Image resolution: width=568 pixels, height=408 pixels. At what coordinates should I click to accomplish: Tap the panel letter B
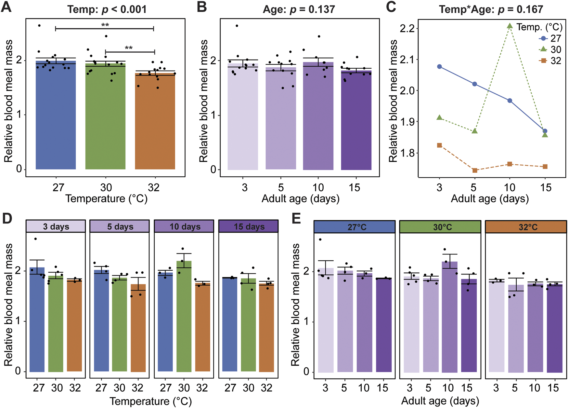point(202,7)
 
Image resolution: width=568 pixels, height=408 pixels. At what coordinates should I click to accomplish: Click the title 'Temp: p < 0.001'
point(107,9)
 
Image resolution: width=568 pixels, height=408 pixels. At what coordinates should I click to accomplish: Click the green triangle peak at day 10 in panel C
point(510,26)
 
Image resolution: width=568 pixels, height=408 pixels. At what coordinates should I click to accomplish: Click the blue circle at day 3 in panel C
point(440,66)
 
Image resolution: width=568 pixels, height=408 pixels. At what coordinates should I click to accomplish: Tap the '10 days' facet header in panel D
point(184,226)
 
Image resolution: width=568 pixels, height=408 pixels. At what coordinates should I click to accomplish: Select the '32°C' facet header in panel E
point(526,227)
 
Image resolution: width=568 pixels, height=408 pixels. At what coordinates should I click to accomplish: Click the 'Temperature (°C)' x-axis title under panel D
point(150,401)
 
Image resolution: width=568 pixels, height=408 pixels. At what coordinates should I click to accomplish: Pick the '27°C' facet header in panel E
point(355,227)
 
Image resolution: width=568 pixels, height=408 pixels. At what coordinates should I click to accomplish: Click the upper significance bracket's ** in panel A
point(105,25)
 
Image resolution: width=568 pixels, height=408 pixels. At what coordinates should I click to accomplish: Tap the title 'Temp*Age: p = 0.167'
point(491,9)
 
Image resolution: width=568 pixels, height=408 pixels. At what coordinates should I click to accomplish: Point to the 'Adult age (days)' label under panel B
point(300,198)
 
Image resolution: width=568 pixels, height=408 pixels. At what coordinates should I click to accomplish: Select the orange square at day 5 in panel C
point(474,170)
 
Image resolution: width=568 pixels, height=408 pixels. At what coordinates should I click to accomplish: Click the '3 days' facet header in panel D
point(56,226)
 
